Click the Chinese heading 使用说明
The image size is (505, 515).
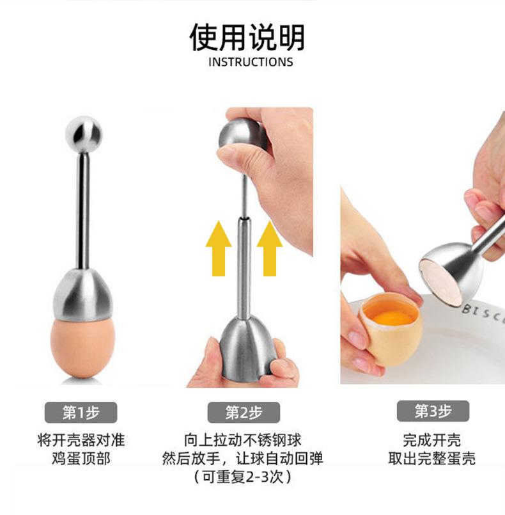247,38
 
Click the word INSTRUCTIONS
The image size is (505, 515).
251,62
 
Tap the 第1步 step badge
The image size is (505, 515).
81,413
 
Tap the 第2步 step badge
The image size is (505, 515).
244,413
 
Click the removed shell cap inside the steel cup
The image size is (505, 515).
450,282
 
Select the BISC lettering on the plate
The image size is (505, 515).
484,312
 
